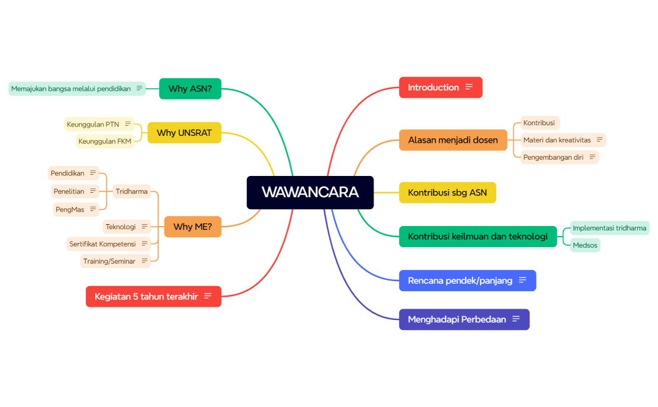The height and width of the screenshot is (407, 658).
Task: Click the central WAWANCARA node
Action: [310, 192]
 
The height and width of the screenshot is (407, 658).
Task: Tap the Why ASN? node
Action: [190, 89]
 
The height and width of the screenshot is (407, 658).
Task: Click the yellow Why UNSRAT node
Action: [184, 133]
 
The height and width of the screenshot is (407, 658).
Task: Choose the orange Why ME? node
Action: [192, 227]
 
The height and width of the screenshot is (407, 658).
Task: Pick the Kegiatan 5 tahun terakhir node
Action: [147, 297]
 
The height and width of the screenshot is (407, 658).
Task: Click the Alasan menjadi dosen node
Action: [453, 140]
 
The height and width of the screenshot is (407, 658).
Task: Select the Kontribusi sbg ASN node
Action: [447, 193]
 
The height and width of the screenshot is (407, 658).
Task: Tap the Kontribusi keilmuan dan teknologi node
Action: [478, 237]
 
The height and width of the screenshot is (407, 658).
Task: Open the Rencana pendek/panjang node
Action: [460, 281]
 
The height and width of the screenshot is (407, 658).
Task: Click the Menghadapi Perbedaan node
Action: [457, 319]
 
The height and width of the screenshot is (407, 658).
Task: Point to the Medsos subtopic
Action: [585, 245]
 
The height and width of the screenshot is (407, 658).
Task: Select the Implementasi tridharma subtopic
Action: [609, 228]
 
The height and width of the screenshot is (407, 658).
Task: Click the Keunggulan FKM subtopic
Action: [105, 142]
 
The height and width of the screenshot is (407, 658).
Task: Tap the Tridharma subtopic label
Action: [132, 192]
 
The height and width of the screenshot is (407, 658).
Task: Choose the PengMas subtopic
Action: [70, 210]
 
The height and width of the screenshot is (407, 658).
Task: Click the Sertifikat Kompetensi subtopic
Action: [103, 244]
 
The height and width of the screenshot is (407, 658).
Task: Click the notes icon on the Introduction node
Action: [469, 88]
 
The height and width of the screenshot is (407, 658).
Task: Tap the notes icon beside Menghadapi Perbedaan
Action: [516, 319]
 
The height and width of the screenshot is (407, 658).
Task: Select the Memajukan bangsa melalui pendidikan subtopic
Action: [71, 89]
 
